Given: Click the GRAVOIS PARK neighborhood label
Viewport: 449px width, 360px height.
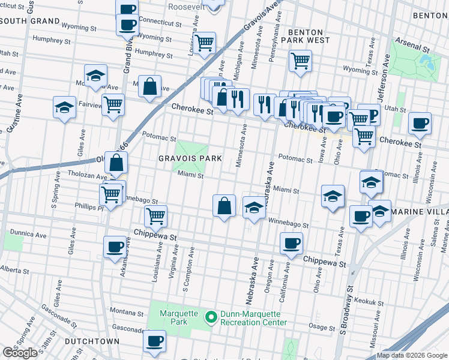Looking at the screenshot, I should pos(190,158).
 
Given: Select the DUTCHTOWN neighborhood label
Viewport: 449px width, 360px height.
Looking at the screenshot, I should pos(92,341).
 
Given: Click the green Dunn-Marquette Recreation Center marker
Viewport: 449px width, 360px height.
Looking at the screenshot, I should pos(211,317).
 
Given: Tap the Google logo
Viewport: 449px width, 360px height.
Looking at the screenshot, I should pos(20,353).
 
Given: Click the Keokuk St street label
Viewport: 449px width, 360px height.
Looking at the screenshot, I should pos(369,302).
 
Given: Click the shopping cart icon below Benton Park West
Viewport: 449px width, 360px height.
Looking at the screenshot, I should pos(300,61).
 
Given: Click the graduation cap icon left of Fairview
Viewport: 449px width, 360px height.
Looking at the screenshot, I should pos(64,107).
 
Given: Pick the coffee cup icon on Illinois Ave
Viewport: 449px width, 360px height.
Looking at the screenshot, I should pos(420,124).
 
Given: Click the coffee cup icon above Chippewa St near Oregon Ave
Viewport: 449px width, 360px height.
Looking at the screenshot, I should pos(291,244).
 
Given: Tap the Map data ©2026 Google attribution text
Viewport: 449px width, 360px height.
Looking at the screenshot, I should pos(412,355).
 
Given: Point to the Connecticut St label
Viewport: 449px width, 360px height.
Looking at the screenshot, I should pos(160,23).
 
